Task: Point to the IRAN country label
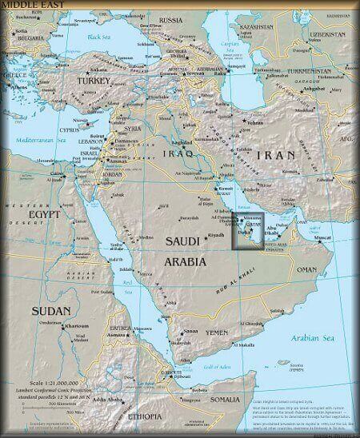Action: pyautogui.click(x=278, y=154)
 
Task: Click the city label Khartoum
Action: pyautogui.click(x=66, y=348)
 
